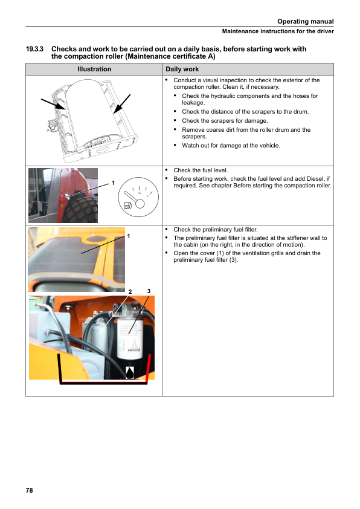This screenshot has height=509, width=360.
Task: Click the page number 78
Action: [x=29, y=490]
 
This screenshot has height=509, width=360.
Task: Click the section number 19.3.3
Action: [x=34, y=49]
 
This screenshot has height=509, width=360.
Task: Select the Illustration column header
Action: [x=94, y=69]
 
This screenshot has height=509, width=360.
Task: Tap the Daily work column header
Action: [x=182, y=69]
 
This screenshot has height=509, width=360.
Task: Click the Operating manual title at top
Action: [x=305, y=21]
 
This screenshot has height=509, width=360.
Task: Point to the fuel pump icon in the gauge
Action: [x=128, y=205]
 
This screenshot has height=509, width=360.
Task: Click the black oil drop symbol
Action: [x=130, y=373]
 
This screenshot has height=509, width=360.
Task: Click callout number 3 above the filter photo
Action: [x=149, y=291]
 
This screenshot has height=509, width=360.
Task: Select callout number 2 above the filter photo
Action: [x=130, y=292]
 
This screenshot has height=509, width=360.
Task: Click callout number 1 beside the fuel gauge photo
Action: [x=113, y=183]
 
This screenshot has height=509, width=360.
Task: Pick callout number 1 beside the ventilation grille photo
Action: [x=129, y=236]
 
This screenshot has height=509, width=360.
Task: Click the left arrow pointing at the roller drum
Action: [x=53, y=105]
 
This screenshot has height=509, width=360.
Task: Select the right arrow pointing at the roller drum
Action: [x=122, y=104]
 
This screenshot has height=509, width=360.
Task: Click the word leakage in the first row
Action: [x=193, y=103]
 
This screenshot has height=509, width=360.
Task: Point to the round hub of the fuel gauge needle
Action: [x=140, y=204]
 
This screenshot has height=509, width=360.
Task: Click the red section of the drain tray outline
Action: [x=148, y=369]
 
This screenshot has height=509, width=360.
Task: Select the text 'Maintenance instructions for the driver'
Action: [x=278, y=31]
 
